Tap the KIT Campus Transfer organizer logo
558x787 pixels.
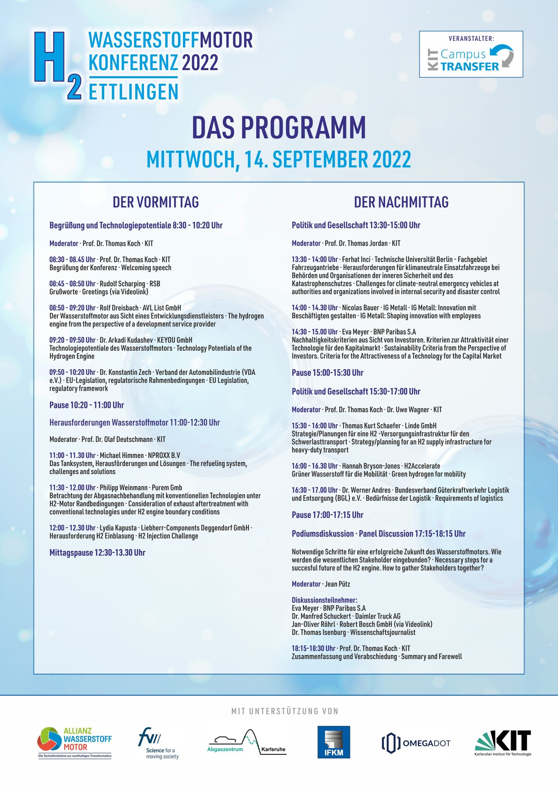tap(471, 54)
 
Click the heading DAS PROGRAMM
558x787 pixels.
tap(279, 128)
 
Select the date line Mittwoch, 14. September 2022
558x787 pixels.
tap(279, 159)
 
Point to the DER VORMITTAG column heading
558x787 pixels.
tap(156, 202)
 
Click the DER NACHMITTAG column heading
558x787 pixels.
tap(401, 202)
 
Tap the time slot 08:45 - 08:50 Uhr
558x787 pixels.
tap(72, 284)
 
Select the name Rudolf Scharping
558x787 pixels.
tap(122, 284)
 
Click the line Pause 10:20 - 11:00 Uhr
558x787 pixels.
tap(86, 405)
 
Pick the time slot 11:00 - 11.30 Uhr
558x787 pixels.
tap(72, 456)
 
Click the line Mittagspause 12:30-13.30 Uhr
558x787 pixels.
tap(97, 553)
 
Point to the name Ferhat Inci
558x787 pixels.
tap(356, 259)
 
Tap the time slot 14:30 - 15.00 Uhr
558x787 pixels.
tap(315, 332)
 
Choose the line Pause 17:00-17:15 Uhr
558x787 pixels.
tap(327, 515)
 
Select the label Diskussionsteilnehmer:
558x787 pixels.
tap(324, 600)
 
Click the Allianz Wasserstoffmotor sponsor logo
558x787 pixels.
tap(75, 742)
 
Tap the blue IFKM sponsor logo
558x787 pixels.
tap(334, 742)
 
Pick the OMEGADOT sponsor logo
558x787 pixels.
tap(416, 743)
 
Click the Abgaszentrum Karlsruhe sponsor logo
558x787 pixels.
tap(247, 742)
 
